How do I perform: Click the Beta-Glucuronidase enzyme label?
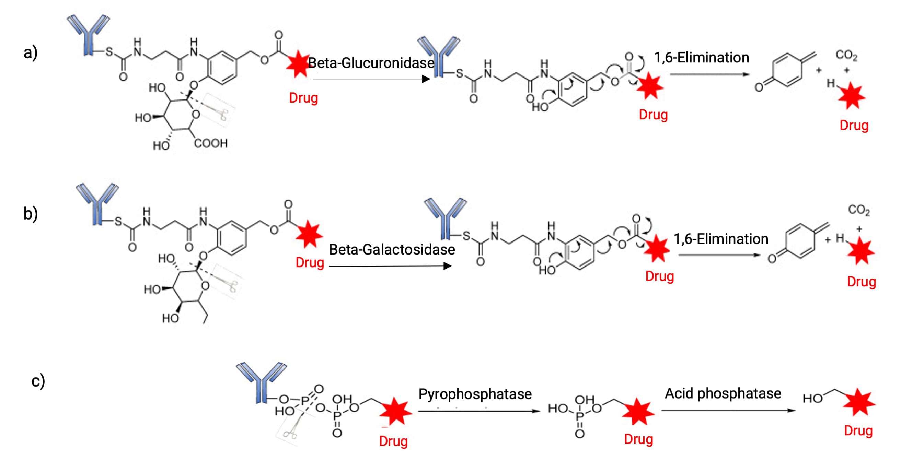[x=371, y=63]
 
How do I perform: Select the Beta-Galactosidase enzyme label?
[x=392, y=250]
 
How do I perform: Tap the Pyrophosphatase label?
[x=475, y=394]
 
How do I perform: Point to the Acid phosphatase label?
[x=723, y=393]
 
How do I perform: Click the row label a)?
[x=31, y=53]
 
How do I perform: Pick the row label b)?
[x=31, y=214]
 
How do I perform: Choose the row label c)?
[x=38, y=381]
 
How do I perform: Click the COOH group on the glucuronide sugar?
[x=210, y=143]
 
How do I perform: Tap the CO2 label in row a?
[x=846, y=55]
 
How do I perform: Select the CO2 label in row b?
[x=859, y=210]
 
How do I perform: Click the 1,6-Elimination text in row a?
[x=702, y=58]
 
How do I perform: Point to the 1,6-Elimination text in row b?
[x=721, y=239]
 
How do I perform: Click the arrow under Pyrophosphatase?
[x=479, y=411]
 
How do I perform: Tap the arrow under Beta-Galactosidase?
[x=390, y=266]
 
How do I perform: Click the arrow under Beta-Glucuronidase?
[x=371, y=79]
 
